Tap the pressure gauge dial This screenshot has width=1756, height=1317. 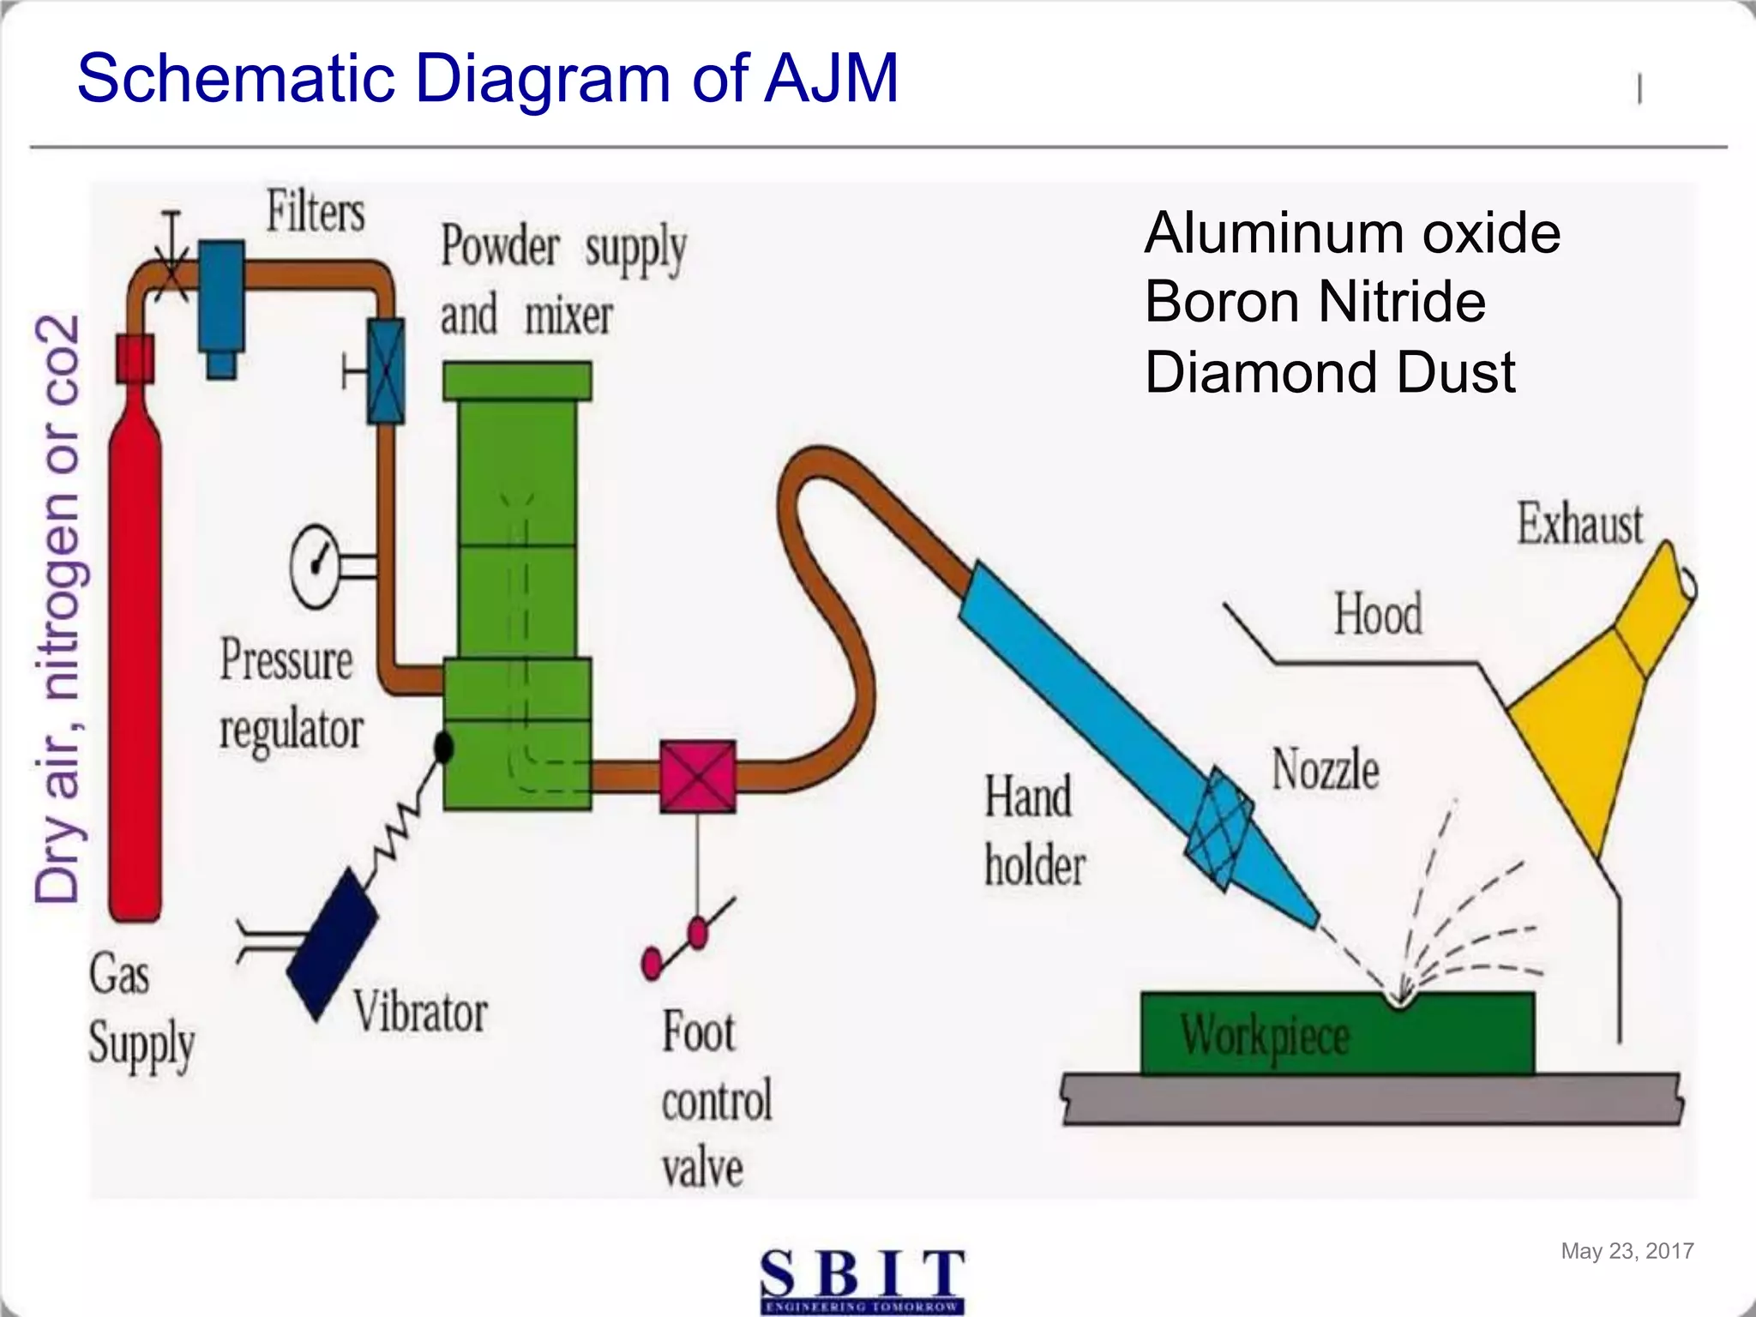coord(316,566)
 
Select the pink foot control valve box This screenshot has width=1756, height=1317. coord(697,777)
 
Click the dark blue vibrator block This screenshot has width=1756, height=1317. coord(333,943)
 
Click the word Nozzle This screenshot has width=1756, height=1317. coord(1325,769)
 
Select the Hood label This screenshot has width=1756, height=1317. coord(1378,614)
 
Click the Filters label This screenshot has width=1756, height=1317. coord(316,212)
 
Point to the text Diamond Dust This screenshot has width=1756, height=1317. coord(1330,372)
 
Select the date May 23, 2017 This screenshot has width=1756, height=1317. coord(1627,1251)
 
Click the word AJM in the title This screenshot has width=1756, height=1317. coord(831,79)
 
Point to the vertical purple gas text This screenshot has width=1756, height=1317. coord(58,609)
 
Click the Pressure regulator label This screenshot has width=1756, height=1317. coord(290,695)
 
